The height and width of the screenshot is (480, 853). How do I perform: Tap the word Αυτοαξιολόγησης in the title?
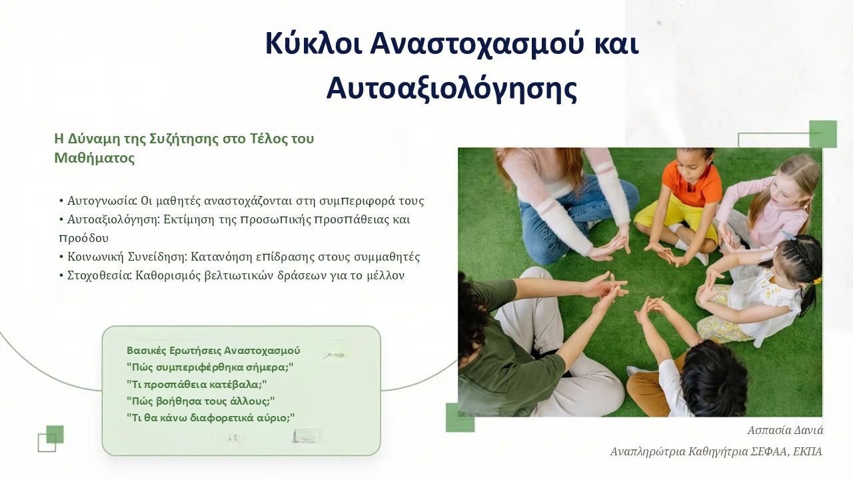point(452,89)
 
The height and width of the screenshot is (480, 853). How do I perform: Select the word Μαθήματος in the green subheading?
point(95,158)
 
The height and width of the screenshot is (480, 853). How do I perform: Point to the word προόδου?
point(84,239)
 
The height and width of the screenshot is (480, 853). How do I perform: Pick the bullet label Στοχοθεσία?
point(99,275)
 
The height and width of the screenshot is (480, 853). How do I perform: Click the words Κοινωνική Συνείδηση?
point(127,257)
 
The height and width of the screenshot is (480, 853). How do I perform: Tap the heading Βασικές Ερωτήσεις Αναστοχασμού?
point(213,351)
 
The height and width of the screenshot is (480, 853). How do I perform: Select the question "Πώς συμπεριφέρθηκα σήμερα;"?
point(210,367)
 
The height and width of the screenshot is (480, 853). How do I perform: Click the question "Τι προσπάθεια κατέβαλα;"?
point(197,384)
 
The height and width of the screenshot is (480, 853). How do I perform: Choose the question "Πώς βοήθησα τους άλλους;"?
point(201,401)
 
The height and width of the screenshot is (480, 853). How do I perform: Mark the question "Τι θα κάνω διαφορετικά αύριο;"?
point(211,418)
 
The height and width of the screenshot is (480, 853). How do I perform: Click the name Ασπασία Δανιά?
point(785,431)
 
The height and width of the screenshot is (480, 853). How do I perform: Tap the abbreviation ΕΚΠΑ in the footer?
point(811,451)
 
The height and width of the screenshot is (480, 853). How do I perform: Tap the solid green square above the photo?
point(823,134)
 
